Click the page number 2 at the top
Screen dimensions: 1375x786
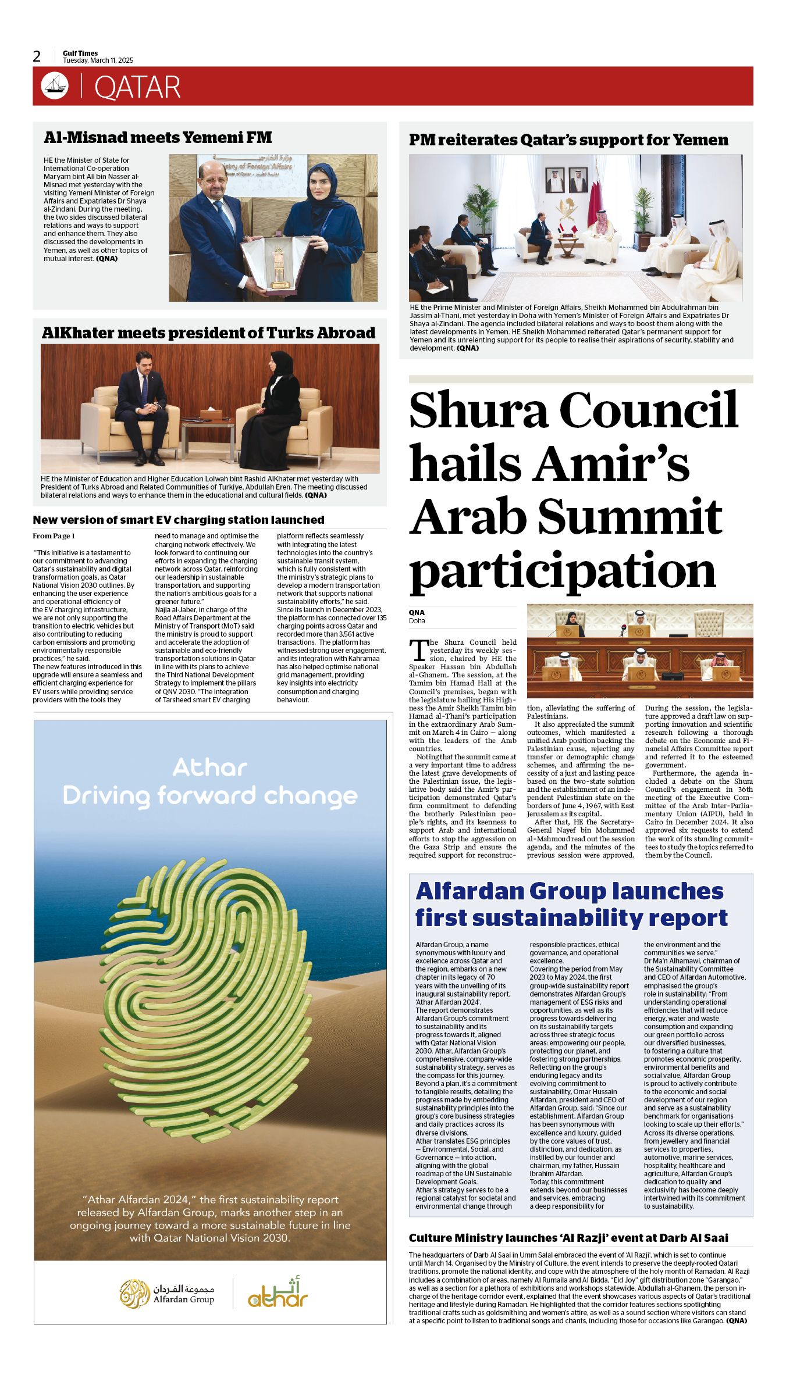37,56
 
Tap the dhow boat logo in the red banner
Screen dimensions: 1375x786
55,86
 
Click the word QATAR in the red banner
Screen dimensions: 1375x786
137,87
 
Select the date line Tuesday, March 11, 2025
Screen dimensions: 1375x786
98,60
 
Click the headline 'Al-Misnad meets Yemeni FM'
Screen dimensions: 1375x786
158,138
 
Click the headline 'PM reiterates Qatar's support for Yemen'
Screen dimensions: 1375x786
568,140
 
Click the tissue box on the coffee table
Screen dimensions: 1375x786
211,414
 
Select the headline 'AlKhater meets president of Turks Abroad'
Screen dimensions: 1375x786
208,333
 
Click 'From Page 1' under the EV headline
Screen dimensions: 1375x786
54,536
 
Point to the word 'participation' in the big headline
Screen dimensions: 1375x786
563,570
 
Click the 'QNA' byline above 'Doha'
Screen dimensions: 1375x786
417,612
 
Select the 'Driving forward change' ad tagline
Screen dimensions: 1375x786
210,795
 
